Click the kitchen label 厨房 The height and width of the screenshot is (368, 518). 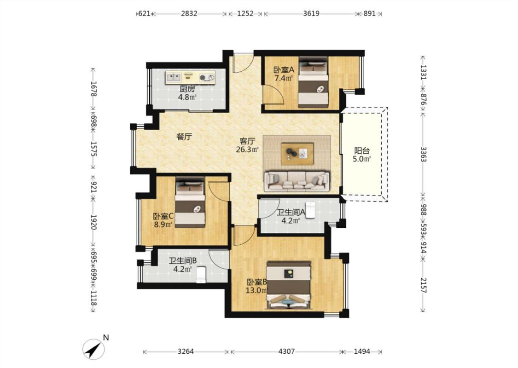pyautogui.click(x=187, y=89)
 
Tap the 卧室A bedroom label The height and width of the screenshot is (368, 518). pyautogui.click(x=284, y=70)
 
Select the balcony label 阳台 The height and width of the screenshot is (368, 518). pyautogui.click(x=362, y=151)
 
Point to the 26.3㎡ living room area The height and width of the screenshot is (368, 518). pyautogui.click(x=247, y=149)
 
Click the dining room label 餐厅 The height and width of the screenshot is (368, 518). pyautogui.click(x=184, y=137)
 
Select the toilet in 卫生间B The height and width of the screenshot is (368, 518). pyautogui.click(x=201, y=275)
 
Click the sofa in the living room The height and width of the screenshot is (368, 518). pyautogui.click(x=297, y=181)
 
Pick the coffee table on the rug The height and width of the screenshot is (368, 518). pyautogui.click(x=297, y=154)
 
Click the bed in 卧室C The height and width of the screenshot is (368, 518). pyautogui.click(x=190, y=203)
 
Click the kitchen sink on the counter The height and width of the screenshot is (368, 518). pyautogui.click(x=174, y=78)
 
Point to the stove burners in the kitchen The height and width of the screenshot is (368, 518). pyautogui.click(x=207, y=78)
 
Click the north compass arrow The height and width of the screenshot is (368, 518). pyautogui.click(x=94, y=349)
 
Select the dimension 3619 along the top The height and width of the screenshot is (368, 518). pyautogui.click(x=311, y=13)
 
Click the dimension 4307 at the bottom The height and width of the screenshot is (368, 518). pyautogui.click(x=286, y=351)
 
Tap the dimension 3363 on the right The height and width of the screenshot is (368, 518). pyautogui.click(x=423, y=154)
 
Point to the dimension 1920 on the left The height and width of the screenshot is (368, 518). pyautogui.click(x=93, y=222)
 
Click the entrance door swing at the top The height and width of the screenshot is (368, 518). pyautogui.click(x=244, y=62)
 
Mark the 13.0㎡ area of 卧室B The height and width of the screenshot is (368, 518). pyautogui.click(x=256, y=290)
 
